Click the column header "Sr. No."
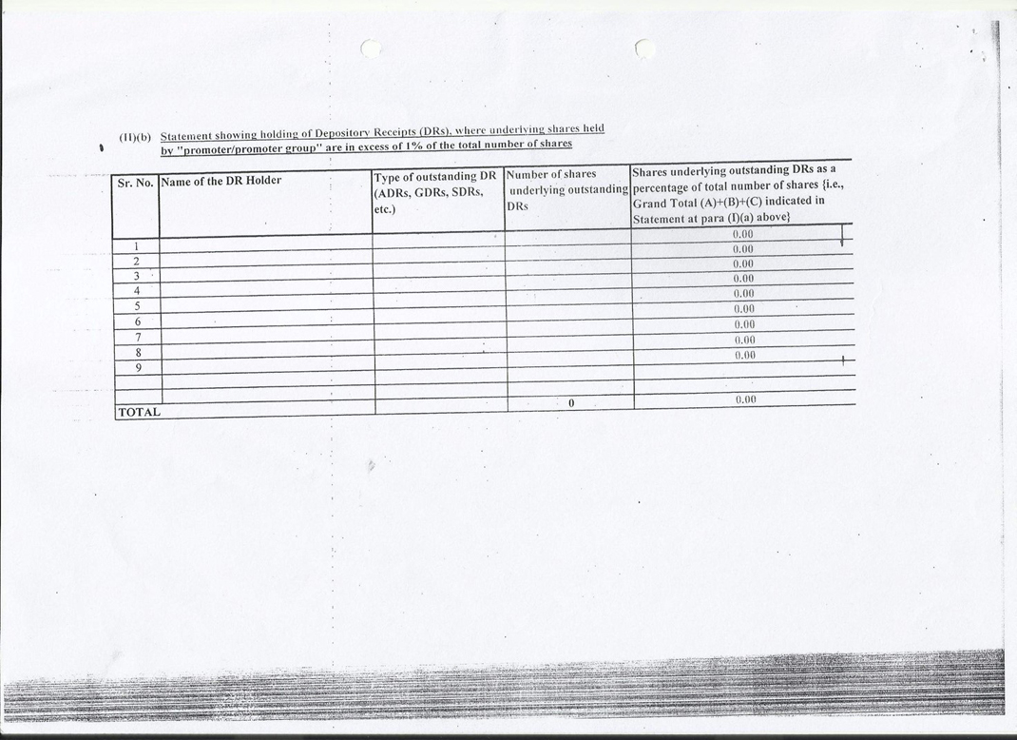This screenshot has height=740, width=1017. (x=135, y=181)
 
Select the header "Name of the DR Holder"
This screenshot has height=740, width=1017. (x=221, y=181)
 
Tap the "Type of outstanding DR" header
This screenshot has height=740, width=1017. (x=435, y=177)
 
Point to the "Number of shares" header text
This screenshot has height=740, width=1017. (x=552, y=174)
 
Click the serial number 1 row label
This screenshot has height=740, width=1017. (x=137, y=246)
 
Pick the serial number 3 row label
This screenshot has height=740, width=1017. (x=137, y=276)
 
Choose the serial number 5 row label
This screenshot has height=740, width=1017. (x=138, y=305)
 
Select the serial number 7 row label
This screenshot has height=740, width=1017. (x=138, y=337)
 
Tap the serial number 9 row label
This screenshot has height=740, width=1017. (x=138, y=367)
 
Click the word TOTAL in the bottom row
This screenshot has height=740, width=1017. (x=139, y=413)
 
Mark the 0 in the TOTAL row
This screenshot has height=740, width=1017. (x=571, y=403)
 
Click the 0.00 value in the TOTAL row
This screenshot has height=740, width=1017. (x=745, y=400)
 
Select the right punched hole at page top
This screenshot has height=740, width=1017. (x=644, y=48)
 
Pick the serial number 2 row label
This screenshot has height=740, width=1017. (x=137, y=261)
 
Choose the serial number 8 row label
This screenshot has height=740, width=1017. (x=138, y=352)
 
